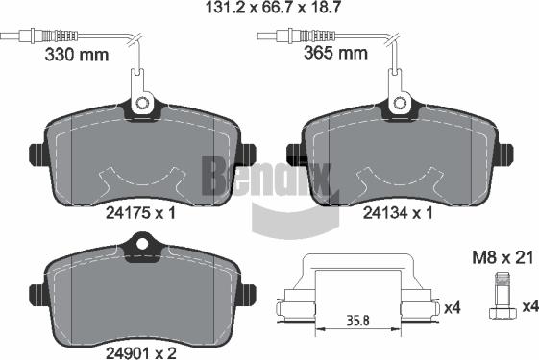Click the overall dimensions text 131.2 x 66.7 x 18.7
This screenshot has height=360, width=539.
coord(272,8)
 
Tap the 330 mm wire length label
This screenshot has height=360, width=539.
coord(77,55)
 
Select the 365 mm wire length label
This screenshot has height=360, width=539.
coord(335,53)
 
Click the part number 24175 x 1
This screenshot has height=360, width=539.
coord(140,213)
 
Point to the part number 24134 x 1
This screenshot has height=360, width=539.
coord(398,213)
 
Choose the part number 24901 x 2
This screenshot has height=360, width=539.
coord(141,352)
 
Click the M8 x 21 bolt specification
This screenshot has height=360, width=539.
coord(502,257)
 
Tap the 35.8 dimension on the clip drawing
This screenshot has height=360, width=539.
coord(357,321)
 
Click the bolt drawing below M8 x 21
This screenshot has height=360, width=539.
coord(502,297)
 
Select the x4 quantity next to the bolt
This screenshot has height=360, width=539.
coord(530,307)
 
